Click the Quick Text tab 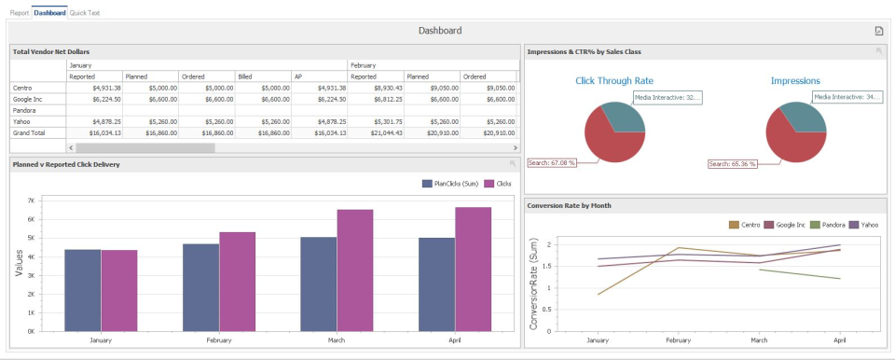click(85, 13)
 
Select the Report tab click(19, 13)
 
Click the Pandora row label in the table click(24, 110)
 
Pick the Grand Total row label click(29, 133)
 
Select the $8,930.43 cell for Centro click(383, 88)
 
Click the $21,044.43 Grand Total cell click(381, 133)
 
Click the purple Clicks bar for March click(354, 270)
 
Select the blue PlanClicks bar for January click(83, 289)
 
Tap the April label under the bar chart click(454, 340)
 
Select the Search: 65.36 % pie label click(732, 163)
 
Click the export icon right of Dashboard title click(878, 31)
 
